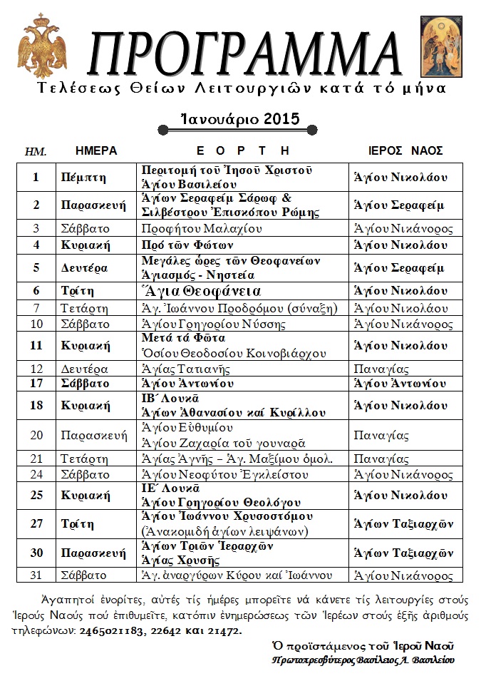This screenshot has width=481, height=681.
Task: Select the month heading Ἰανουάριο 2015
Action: point(239,118)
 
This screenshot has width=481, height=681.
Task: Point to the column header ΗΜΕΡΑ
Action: point(95,151)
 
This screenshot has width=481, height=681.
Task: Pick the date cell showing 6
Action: point(36,292)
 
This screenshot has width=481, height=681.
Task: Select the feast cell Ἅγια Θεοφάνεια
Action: point(201,292)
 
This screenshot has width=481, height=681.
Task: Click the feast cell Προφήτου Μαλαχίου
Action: point(202,229)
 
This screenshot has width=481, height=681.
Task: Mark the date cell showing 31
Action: point(36,575)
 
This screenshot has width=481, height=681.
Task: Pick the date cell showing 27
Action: point(36,524)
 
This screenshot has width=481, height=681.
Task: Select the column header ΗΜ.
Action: point(36,152)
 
